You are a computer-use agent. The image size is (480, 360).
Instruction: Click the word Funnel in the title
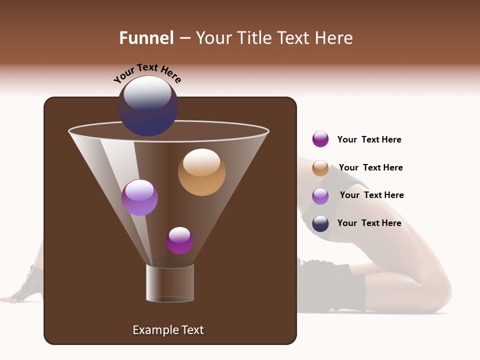tap(146, 38)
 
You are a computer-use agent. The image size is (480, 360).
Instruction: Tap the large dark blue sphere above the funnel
tap(147, 106)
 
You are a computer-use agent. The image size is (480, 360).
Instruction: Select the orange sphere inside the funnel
tap(201, 172)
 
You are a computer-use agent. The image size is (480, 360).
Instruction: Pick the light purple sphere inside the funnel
tap(139, 197)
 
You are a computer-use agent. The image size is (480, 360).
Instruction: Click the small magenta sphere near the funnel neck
tap(179, 240)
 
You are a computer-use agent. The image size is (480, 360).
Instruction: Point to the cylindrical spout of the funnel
tap(170, 283)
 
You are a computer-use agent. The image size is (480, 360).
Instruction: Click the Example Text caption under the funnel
tap(168, 330)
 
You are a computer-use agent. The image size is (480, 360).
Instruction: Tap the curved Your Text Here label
tap(147, 73)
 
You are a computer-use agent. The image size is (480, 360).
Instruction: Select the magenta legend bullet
tap(320, 139)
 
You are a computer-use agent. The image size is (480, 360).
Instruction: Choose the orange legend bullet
tap(320, 168)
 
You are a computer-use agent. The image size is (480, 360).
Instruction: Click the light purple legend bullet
tap(320, 196)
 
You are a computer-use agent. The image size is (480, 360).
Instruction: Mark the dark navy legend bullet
tap(320, 223)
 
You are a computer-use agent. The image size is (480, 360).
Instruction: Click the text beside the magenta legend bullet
tap(369, 139)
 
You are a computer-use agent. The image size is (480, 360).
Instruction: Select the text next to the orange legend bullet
tap(370, 167)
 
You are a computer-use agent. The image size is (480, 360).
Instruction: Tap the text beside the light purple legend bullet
tap(371, 195)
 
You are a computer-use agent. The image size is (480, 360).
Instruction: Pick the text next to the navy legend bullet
tap(369, 223)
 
